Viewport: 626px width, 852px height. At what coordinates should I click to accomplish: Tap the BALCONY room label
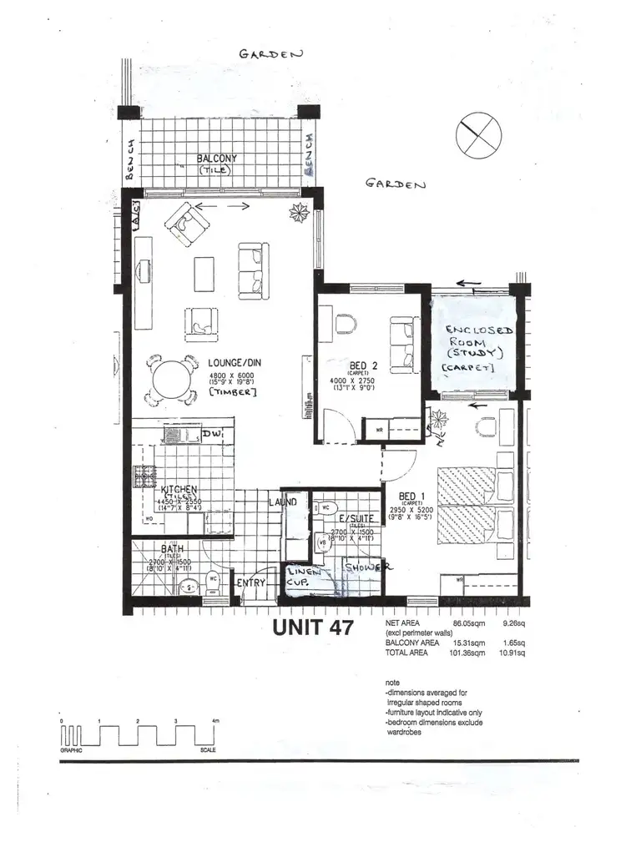click(x=217, y=159)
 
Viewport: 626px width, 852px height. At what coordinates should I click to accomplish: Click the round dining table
click(x=170, y=380)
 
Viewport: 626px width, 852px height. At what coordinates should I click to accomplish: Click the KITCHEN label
click(x=179, y=489)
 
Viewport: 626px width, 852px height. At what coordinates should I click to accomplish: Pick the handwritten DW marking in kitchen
click(x=211, y=436)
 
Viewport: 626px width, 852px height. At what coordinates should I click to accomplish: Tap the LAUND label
click(x=283, y=503)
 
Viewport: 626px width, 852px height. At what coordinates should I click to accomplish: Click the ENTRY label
click(x=250, y=582)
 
